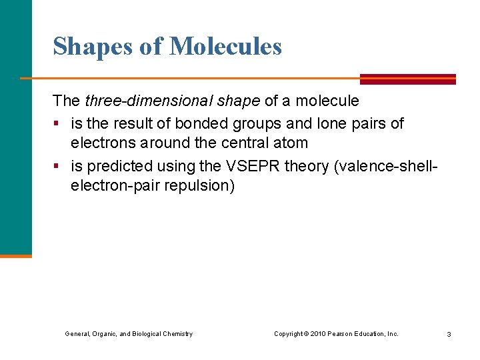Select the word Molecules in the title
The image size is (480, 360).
point(225,47)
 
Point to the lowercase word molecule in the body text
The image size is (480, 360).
point(327,101)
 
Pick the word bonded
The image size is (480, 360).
point(198,123)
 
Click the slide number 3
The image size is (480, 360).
point(449,334)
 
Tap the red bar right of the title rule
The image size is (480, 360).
point(407,79)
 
